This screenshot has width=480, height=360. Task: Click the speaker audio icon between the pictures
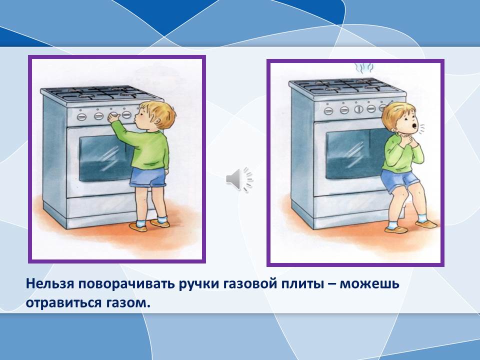coord(239,179)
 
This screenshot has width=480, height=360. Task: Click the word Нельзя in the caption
coord(50,284)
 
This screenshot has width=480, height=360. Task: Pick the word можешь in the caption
coord(370,284)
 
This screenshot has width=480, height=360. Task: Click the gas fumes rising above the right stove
coord(363,68)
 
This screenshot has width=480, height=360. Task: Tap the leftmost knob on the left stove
coord(81,116)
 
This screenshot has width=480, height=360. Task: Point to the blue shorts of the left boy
coord(147,177)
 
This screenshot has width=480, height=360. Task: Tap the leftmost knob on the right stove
coord(328,110)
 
